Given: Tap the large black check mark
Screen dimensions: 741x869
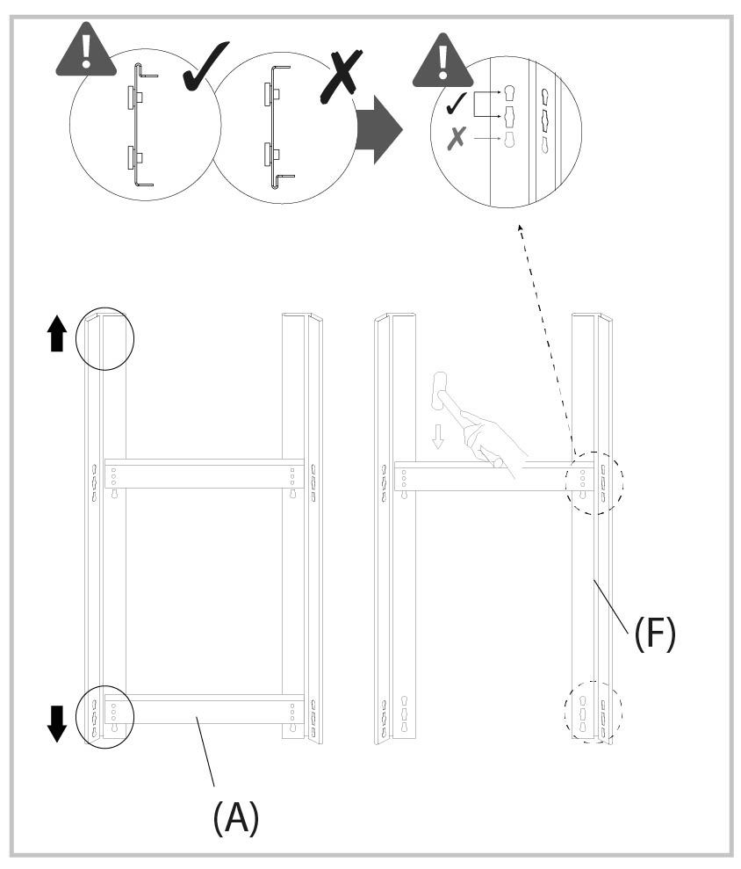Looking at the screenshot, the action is pyautogui.click(x=204, y=66).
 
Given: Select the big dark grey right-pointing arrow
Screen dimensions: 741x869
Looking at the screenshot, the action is pyautogui.click(x=378, y=129).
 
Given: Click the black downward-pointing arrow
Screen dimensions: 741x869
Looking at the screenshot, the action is pyautogui.click(x=56, y=723).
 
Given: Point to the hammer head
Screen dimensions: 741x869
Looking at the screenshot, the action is pyautogui.click(x=440, y=391).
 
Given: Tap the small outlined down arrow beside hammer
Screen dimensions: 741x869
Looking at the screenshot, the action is pyautogui.click(x=438, y=436).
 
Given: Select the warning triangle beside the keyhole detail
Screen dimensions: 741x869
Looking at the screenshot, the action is pyautogui.click(x=443, y=60).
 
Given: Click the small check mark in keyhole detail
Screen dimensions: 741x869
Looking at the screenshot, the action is pyautogui.click(x=457, y=103).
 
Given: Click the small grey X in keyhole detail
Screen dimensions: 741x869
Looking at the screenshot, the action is pyautogui.click(x=457, y=138).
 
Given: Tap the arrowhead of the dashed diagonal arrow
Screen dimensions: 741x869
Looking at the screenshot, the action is pyautogui.click(x=520, y=228).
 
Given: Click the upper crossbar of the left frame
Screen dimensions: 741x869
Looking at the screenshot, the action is pyautogui.click(x=204, y=474).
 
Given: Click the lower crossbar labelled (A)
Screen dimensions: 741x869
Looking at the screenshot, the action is pyautogui.click(x=204, y=709).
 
